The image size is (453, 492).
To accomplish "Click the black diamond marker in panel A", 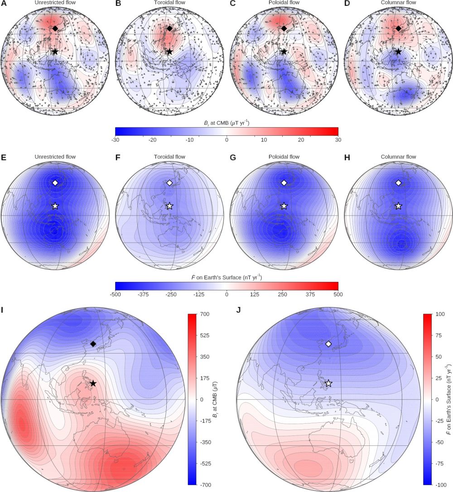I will (55, 29).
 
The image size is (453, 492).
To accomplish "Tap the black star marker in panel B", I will (169, 52).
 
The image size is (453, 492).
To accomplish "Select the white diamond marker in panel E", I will (55, 183).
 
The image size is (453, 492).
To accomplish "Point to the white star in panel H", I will (398, 206).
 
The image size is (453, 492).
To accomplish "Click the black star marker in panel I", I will (93, 383).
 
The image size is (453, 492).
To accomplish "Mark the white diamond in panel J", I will (328, 344).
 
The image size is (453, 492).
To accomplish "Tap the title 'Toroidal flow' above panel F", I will (169, 157).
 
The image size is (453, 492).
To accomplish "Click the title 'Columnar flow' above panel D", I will (398, 3).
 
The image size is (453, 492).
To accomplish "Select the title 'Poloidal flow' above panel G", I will (284, 157).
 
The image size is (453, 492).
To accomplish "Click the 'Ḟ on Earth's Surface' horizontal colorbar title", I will (226, 276).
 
